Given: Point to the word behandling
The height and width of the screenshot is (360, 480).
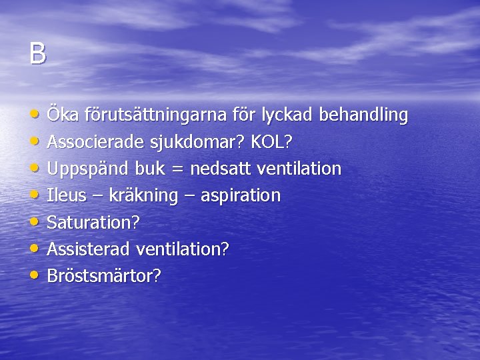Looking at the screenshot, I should pyautogui.click(x=364, y=115).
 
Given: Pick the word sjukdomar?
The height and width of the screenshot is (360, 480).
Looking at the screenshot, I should pyautogui.click(x=203, y=143).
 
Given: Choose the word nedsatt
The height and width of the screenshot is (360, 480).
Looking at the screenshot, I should pyautogui.click(x=216, y=169).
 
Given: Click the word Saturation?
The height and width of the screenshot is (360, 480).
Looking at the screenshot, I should pyautogui.click(x=93, y=222).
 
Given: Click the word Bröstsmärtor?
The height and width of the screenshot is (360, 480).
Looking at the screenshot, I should pyautogui.click(x=104, y=276).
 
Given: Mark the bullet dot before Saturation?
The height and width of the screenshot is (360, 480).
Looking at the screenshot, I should pyautogui.click(x=35, y=221).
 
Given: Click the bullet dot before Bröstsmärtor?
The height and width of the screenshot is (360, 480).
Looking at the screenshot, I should pyautogui.click(x=35, y=275).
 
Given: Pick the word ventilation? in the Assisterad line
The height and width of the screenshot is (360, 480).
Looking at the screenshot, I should pyautogui.click(x=183, y=249).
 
